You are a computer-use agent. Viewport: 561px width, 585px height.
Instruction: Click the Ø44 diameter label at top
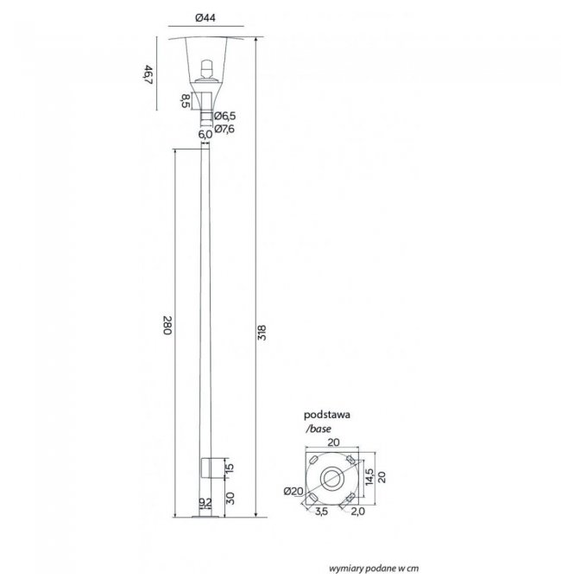(x=205, y=17)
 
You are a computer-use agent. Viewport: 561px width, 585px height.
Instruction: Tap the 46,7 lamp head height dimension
(x=148, y=74)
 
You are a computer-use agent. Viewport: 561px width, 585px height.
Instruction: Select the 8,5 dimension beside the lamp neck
(x=186, y=101)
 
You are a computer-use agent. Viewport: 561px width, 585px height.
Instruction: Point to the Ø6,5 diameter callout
(x=224, y=116)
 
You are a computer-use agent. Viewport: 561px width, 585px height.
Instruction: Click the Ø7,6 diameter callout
(x=224, y=129)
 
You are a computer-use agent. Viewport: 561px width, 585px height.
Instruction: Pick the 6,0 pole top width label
(x=205, y=134)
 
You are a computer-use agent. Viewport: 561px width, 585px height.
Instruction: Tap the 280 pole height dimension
(x=167, y=326)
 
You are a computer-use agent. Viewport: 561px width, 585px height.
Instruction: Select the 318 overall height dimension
(x=262, y=333)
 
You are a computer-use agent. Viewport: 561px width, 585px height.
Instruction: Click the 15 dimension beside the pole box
(x=230, y=467)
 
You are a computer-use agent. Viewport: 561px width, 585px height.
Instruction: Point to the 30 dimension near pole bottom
(x=230, y=498)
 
